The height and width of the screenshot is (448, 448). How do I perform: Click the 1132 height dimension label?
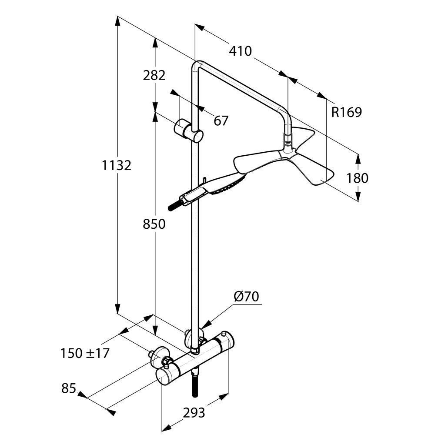tap(117, 165)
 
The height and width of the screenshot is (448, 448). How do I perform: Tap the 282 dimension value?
tap(154, 75)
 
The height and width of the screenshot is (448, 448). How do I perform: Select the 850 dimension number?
tap(154, 224)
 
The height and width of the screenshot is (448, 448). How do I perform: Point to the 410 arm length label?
tap(240, 51)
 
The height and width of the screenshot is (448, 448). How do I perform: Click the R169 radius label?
tap(347, 112)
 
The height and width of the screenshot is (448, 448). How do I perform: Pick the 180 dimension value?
tap(358, 178)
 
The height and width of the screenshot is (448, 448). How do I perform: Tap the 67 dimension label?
tap(221, 121)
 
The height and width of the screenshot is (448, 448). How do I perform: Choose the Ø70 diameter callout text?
tap(246, 297)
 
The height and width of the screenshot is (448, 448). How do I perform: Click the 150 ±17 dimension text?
tap(85, 354)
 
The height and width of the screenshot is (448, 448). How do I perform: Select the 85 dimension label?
tap(69, 388)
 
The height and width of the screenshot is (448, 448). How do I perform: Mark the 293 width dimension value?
tap(194, 413)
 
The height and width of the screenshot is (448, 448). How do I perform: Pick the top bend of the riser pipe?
tap(197, 65)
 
